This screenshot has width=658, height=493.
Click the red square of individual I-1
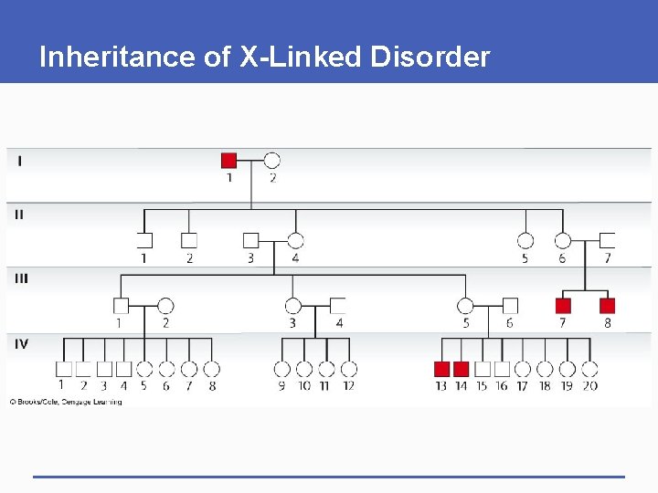tap(229, 161)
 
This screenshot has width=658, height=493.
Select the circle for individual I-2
tap(271, 161)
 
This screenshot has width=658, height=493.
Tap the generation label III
tap(21, 278)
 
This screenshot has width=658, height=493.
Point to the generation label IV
tap(21, 343)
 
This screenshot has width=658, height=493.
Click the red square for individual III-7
tap(563, 306)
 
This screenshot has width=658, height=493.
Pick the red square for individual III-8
tap(607, 306)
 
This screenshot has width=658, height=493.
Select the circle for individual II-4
tap(295, 241)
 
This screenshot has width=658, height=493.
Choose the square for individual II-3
tap(251, 241)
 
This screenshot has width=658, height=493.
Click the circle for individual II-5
tap(525, 241)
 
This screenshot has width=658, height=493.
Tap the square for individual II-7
tap(607, 241)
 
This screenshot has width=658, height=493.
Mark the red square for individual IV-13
tap(441, 369)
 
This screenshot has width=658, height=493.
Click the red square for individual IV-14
tap(462, 369)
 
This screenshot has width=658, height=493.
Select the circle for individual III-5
tap(465, 306)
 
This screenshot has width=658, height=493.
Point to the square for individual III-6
tap(509, 306)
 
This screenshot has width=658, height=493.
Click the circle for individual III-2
tap(165, 306)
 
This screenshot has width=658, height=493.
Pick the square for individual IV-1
tap(63, 369)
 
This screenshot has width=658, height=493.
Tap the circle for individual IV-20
tap(589, 369)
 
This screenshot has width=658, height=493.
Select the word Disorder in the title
tap(430, 58)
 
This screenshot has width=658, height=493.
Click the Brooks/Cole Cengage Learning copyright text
tap(66, 402)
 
